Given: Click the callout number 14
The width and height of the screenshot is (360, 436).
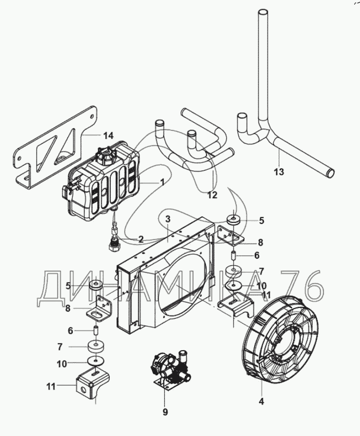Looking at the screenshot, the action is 108,136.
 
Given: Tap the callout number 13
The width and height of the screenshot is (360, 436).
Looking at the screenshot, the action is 279,172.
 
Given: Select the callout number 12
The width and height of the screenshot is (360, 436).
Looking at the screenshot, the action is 212,195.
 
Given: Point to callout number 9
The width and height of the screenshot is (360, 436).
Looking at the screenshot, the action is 166,412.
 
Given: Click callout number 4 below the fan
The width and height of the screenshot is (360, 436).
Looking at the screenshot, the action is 261,401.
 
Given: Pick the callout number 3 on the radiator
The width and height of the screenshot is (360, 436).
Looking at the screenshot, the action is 167,219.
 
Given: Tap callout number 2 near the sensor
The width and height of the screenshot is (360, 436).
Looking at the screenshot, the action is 141,239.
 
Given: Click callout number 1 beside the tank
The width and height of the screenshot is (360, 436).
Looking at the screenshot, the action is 162,182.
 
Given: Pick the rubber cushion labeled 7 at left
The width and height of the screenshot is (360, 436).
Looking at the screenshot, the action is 96,347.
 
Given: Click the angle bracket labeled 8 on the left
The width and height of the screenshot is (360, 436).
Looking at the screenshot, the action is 100,309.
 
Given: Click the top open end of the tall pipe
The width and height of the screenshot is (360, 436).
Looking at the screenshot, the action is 263,12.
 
